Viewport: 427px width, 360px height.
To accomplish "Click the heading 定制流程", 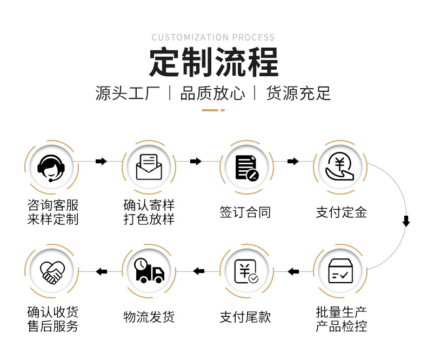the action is point(213,63).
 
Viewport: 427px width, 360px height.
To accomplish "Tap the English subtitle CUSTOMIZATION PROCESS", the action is point(213,37).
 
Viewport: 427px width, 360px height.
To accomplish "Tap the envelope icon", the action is point(149,166).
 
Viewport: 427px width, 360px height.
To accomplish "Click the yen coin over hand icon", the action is point(340,166).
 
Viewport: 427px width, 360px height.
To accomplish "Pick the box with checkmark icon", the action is point(341,271).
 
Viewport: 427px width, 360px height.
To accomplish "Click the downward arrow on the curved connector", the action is point(406,221).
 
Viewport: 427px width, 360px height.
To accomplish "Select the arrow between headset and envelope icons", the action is point(101,161).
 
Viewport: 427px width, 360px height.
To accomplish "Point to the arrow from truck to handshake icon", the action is point(101,271).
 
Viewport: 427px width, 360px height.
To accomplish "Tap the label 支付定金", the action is point(341,212).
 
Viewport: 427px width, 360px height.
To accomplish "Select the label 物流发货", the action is point(149,317).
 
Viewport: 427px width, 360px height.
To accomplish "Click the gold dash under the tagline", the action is point(213,110).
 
